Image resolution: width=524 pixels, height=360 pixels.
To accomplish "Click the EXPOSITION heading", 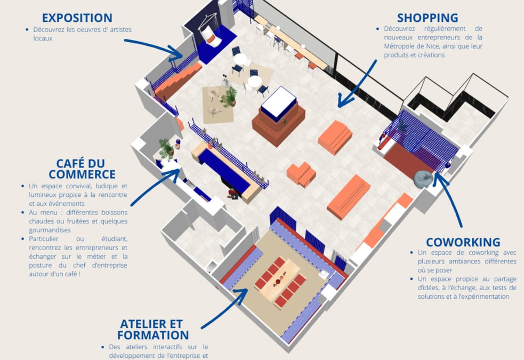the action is click(77, 18).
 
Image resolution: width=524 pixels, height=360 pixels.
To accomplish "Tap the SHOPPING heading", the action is click(428, 18).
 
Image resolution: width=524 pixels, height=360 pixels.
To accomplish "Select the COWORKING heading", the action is click(463, 242).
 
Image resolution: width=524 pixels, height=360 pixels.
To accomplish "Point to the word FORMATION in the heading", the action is click(153, 335).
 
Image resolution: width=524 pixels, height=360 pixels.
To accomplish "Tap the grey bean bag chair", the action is click(423, 179).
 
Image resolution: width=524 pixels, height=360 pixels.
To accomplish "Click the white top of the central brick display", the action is click(279, 103).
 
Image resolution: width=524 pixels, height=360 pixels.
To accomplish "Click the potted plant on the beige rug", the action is click(229, 97).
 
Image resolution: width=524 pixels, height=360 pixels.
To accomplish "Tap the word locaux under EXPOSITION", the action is click(43, 38).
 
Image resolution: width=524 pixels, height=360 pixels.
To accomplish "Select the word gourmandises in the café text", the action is click(50, 230).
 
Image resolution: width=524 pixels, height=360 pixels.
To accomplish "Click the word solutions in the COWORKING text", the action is click(430, 297).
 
